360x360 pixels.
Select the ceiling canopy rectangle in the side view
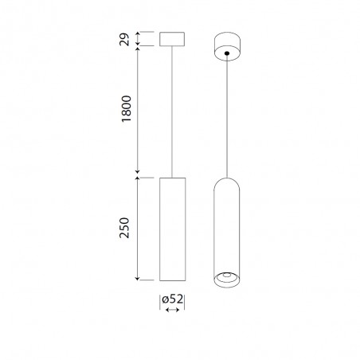click(172, 39)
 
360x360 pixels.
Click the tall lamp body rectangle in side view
click(172, 228)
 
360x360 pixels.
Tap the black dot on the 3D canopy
click(228, 53)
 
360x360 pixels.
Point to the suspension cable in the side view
click(172, 112)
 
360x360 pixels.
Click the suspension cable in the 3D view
click(228, 119)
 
